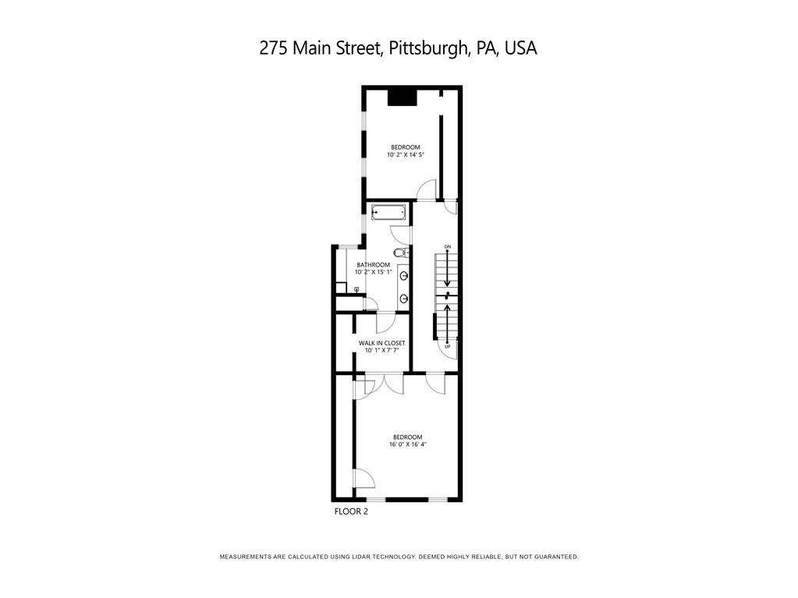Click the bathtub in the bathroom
point(388,212)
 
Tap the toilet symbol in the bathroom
point(399,252)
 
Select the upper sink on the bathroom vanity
point(404,275)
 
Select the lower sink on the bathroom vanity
point(404,298)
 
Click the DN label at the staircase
point(448,247)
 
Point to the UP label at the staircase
point(448,346)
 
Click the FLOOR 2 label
point(350,512)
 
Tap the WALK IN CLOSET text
point(381,343)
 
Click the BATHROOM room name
point(373,265)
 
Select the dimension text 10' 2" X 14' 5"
point(406,155)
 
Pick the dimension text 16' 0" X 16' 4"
point(407,444)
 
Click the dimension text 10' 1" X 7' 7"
point(381,351)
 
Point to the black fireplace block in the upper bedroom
point(403,97)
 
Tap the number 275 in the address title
point(273,48)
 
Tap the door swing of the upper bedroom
point(426,189)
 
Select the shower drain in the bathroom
point(356,289)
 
